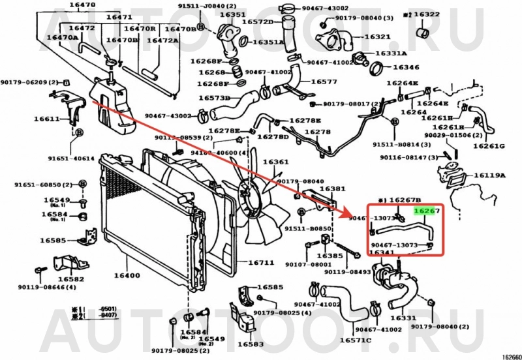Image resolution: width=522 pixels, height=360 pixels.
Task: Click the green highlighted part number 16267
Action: [428, 211]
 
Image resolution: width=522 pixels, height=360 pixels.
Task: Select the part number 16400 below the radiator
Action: [127, 275]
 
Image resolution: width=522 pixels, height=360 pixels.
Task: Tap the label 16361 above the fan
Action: [275, 162]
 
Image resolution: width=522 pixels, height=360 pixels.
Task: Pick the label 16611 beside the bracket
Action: [47, 119]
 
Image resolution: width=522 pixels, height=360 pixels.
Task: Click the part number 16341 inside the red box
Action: [382, 252]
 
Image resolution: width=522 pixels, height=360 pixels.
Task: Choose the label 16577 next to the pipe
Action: [324, 82]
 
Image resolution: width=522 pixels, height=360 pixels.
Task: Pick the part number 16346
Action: [406, 67]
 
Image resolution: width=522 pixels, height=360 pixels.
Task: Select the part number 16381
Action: [332, 188]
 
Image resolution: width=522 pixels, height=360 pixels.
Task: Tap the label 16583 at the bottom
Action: [251, 344]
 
